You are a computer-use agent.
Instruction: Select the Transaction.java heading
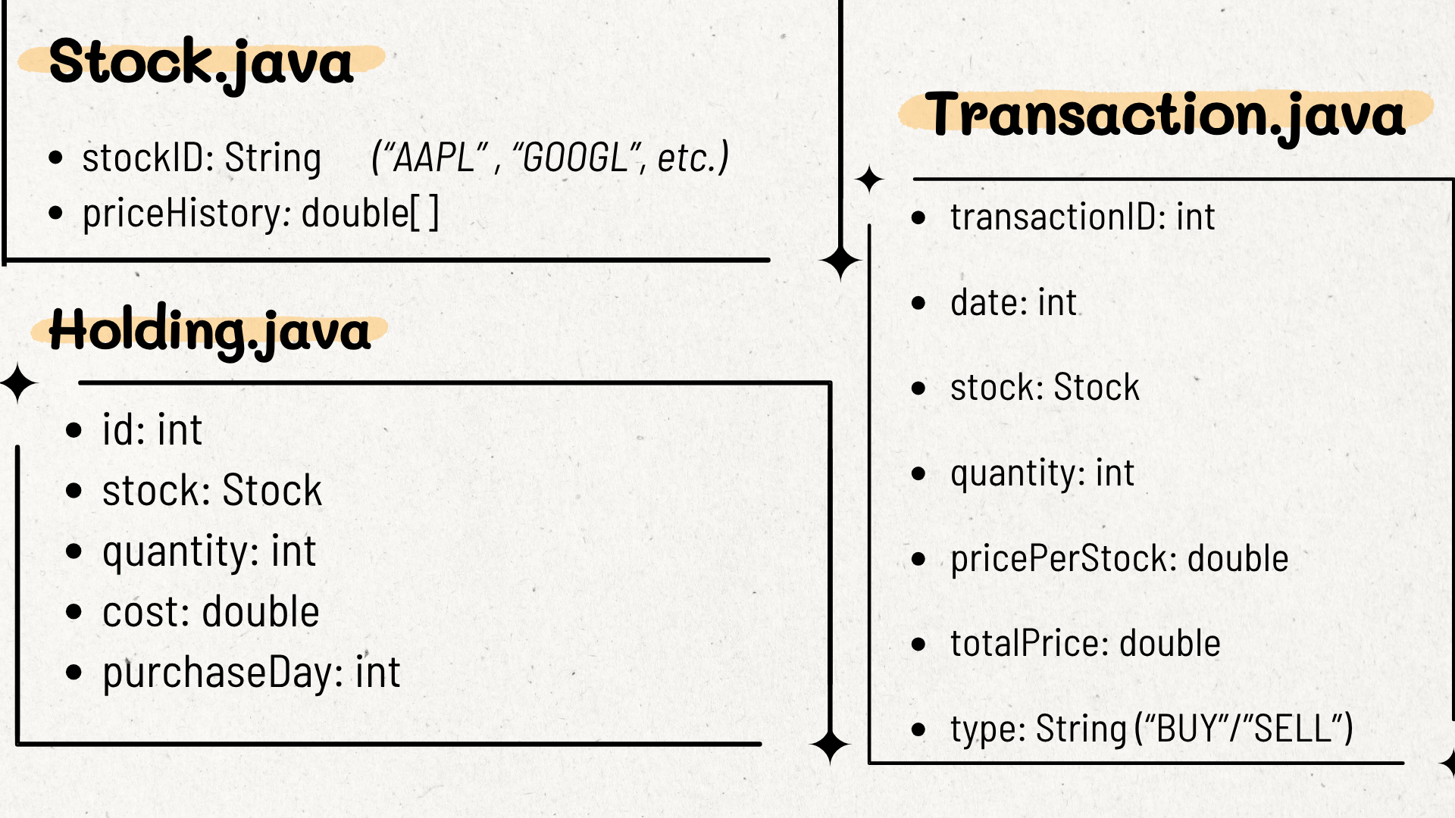(1166, 116)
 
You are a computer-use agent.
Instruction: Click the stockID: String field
(202, 158)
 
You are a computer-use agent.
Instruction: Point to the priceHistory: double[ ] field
(261, 213)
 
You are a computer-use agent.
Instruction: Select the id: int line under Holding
(152, 430)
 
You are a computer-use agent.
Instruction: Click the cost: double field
(211, 612)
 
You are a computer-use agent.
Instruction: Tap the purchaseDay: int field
(251, 673)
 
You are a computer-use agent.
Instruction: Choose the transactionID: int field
(1083, 217)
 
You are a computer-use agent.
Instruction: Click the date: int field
(1013, 303)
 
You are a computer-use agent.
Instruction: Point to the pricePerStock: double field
(1119, 559)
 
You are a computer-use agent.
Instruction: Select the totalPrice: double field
(1085, 644)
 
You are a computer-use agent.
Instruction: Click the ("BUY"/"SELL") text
(1244, 729)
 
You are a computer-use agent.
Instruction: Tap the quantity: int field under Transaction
(1042, 474)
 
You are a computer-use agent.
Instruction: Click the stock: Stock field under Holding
(212, 491)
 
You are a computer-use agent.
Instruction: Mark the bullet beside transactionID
(919, 218)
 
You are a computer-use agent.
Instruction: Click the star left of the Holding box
(19, 383)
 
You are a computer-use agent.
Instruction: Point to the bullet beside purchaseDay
(74, 673)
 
